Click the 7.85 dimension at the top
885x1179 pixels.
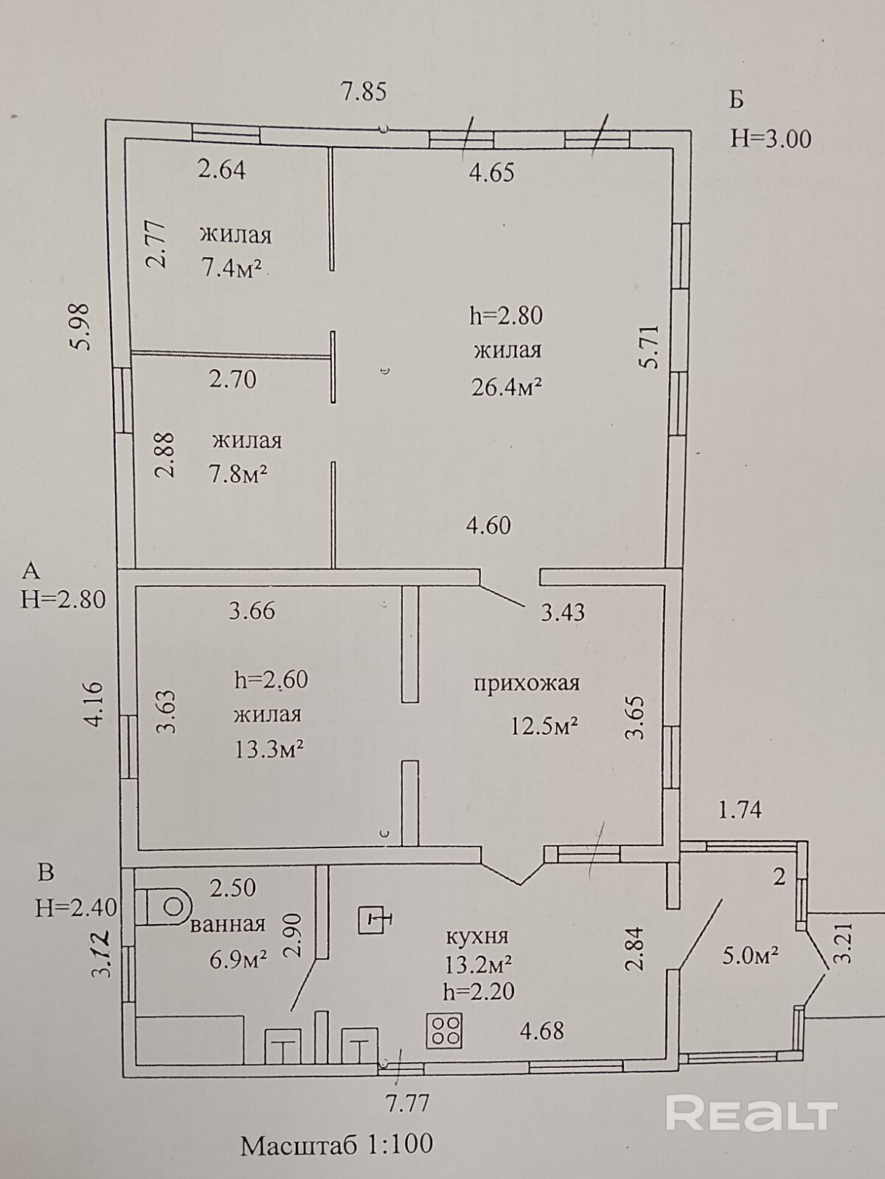coord(363,93)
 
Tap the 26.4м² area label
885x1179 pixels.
coord(507,386)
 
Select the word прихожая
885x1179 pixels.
coord(526,683)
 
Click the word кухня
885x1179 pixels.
coord(477,936)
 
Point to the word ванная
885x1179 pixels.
coord(227,924)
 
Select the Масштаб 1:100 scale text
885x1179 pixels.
coord(337,1144)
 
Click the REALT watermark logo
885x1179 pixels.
coord(752,1113)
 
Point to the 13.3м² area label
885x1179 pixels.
coord(269,749)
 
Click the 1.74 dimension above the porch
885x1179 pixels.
coord(740,810)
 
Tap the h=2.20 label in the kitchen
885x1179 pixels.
coord(479,992)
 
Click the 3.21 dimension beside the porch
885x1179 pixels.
coord(845,944)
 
